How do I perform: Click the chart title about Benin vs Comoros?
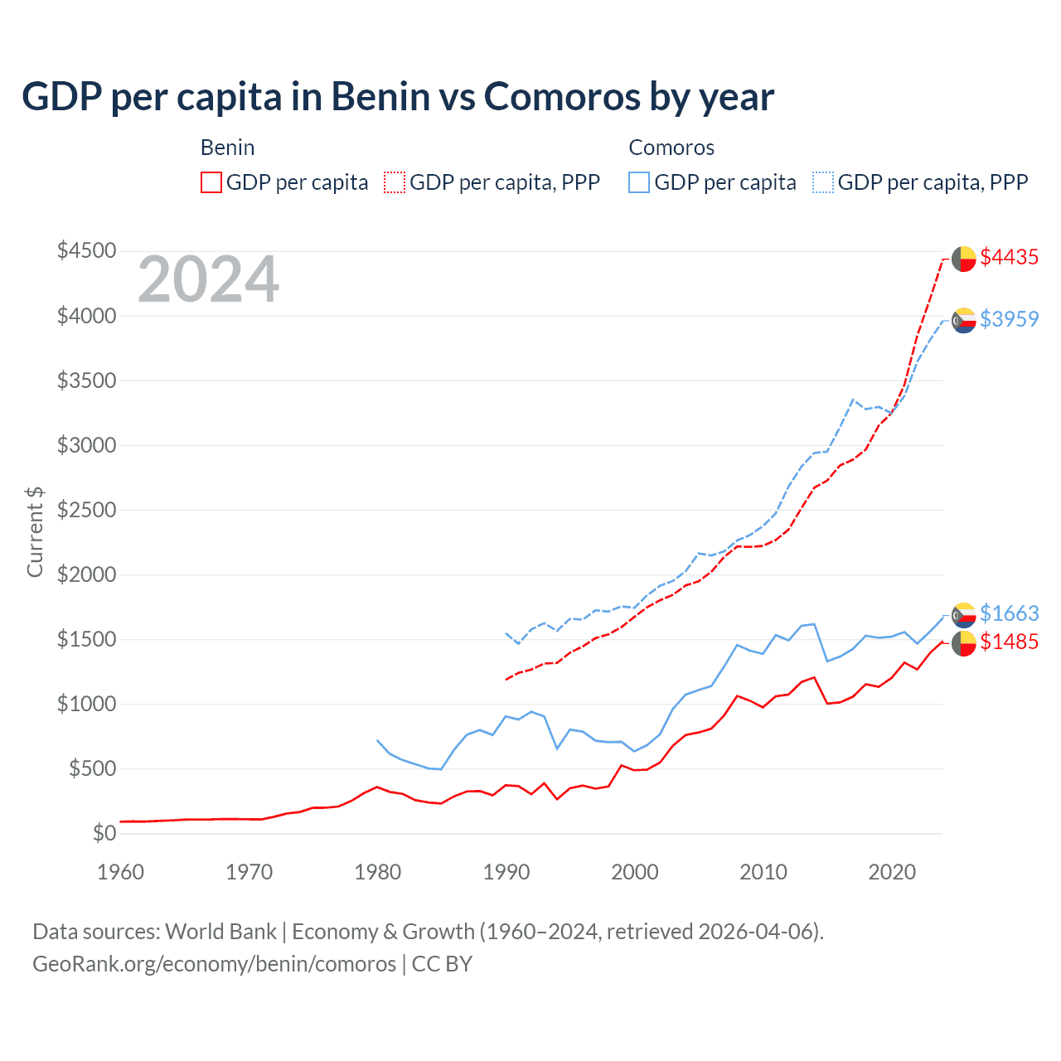(x=398, y=97)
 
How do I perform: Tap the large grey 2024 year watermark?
(x=208, y=280)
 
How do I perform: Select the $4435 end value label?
(x=1009, y=258)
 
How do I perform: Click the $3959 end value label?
(x=1009, y=319)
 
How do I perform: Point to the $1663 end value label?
(x=1009, y=613)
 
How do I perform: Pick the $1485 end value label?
(x=1009, y=642)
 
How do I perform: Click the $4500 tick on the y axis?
(x=86, y=250)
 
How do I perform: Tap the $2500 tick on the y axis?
(x=86, y=510)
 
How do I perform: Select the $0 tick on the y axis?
(x=104, y=833)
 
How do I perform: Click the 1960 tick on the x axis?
(x=121, y=872)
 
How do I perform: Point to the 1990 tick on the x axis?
(x=506, y=872)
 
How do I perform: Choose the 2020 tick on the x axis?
(x=892, y=872)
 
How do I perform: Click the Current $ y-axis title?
(x=35, y=531)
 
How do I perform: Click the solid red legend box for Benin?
(x=211, y=182)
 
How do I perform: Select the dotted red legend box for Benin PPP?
(x=395, y=182)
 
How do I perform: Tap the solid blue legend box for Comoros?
(x=639, y=182)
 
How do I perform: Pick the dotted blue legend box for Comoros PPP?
(x=823, y=182)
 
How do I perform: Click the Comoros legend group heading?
(x=671, y=148)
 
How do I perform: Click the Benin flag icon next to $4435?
(x=963, y=259)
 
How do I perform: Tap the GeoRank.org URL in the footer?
(x=214, y=964)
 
